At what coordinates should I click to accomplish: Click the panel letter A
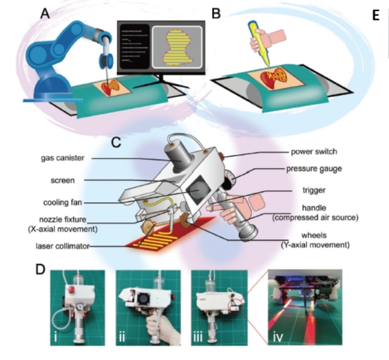click(45, 13)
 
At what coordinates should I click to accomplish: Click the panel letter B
click(216, 13)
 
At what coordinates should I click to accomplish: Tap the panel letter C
click(116, 142)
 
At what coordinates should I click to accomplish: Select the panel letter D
click(41, 269)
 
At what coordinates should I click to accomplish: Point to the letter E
click(376, 15)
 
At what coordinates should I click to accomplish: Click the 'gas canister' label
click(63, 158)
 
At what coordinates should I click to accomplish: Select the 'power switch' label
click(314, 151)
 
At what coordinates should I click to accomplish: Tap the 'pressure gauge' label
click(314, 169)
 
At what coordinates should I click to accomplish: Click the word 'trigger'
click(314, 190)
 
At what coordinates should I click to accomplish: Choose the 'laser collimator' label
click(63, 246)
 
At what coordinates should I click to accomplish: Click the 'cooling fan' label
click(63, 202)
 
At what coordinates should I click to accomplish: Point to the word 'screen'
click(63, 180)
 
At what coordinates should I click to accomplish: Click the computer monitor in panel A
click(161, 47)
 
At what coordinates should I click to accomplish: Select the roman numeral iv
click(277, 337)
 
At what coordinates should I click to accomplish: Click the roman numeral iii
click(198, 337)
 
